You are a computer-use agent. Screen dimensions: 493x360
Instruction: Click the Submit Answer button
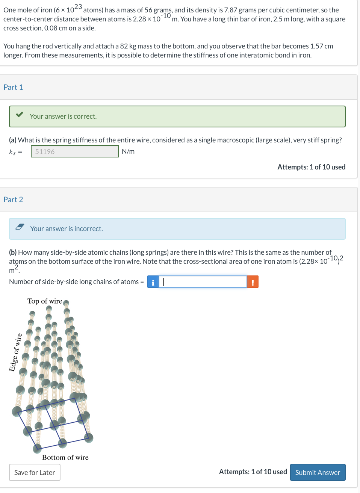click(x=318, y=472)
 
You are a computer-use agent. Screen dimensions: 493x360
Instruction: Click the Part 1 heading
click(x=13, y=87)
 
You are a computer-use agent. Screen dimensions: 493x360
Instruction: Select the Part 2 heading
click(x=13, y=200)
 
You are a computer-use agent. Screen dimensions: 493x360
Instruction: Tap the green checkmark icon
click(x=20, y=115)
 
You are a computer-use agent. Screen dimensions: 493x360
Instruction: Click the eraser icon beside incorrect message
click(x=20, y=227)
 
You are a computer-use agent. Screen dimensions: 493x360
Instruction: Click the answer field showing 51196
click(x=74, y=151)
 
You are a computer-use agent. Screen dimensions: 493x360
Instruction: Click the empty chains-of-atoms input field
click(x=203, y=282)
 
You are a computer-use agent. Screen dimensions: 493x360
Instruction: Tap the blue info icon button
click(x=153, y=282)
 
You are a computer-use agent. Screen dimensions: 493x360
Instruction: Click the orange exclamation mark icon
click(x=253, y=282)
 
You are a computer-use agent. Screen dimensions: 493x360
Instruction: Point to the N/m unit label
click(x=128, y=151)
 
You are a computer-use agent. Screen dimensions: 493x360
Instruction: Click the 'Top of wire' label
click(x=45, y=301)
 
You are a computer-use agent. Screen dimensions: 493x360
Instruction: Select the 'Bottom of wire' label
click(x=65, y=457)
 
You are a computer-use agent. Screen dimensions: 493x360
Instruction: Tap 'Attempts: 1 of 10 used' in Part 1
click(x=311, y=167)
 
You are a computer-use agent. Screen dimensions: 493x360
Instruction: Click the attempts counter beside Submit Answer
click(x=253, y=472)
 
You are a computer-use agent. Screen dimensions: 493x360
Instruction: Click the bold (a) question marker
click(x=13, y=140)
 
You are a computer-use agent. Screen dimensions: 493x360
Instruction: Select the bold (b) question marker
click(x=13, y=253)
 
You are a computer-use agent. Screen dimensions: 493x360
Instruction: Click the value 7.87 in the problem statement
click(x=231, y=10)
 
